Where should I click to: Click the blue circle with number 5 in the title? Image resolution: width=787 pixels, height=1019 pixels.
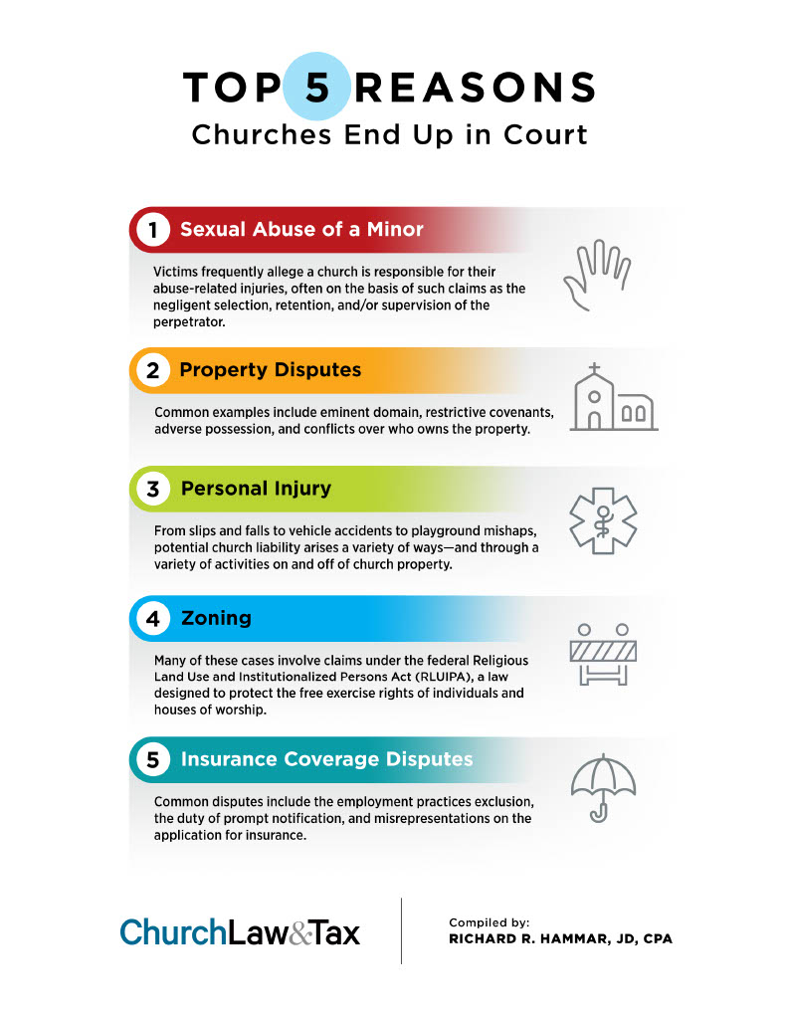click(317, 87)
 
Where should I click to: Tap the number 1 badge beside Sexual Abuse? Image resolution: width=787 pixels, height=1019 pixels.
click(152, 230)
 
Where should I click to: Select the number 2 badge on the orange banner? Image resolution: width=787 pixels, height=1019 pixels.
click(152, 370)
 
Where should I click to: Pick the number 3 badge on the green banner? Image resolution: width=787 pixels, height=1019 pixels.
click(152, 489)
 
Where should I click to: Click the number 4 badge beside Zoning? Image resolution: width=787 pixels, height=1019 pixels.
click(152, 618)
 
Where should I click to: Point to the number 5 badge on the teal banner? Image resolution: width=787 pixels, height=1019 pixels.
click(152, 759)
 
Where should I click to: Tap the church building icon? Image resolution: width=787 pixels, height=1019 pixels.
click(614, 397)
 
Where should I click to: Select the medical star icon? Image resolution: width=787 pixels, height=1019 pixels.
click(603, 520)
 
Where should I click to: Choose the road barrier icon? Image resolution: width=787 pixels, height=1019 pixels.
click(603, 654)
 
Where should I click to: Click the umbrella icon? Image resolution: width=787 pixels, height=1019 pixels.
click(603, 788)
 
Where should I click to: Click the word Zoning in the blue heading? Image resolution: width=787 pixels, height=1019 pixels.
click(216, 618)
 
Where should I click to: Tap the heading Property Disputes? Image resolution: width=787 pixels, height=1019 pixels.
click(271, 370)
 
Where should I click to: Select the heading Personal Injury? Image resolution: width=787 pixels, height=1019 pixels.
click(256, 489)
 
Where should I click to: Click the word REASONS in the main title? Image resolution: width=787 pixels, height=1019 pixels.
click(475, 88)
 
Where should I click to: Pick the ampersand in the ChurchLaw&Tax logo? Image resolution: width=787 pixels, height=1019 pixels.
click(300, 933)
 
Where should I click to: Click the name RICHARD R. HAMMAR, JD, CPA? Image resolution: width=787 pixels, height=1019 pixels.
click(560, 939)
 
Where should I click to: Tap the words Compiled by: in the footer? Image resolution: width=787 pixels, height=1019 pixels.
click(489, 922)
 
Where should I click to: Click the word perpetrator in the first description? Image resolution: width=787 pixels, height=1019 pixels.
click(189, 322)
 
